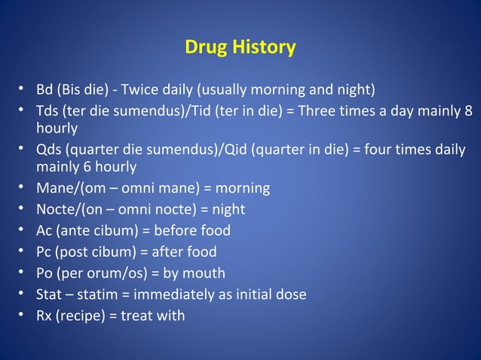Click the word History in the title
[x=265, y=47]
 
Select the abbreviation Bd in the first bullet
[x=44, y=91]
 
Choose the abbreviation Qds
[x=50, y=149]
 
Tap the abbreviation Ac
[x=44, y=230]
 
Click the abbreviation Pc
[x=44, y=252]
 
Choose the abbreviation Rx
[x=44, y=316]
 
